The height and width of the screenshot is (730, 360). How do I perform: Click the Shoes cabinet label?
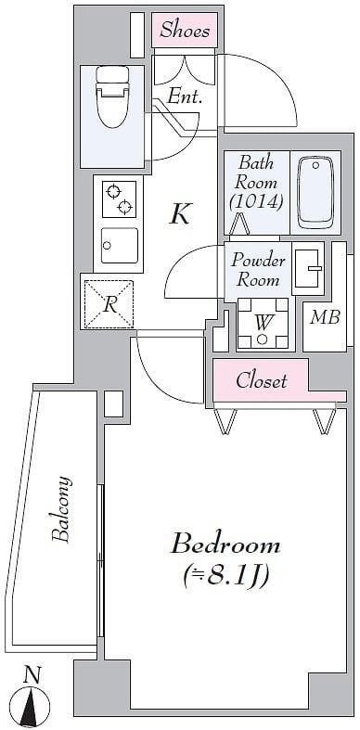[185, 30]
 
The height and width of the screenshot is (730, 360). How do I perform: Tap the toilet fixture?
[111, 97]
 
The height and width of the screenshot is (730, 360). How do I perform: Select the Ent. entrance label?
[185, 96]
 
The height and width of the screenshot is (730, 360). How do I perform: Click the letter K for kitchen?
[180, 214]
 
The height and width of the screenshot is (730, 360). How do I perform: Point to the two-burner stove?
[119, 199]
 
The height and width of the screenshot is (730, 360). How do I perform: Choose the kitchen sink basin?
[119, 245]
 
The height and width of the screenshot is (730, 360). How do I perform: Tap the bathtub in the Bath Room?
[315, 192]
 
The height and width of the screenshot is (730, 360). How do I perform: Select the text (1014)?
[256, 201]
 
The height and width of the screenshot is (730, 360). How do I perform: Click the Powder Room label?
[258, 270]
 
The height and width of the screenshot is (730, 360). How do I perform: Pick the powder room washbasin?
[308, 268]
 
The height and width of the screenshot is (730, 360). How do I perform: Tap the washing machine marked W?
[263, 324]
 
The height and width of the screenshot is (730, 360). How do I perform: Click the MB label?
[326, 317]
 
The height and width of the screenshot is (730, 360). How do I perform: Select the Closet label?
[262, 381]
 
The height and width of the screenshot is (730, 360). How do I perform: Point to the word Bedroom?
[225, 544]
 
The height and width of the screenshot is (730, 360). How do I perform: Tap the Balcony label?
[61, 509]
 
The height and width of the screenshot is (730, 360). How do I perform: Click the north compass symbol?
[32, 703]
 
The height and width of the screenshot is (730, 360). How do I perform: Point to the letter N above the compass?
[32, 674]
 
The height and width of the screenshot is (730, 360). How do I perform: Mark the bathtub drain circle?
[315, 165]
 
